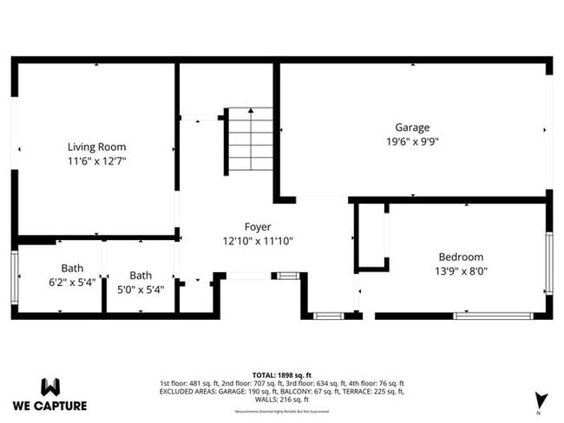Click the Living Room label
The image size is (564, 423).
coord(96,146)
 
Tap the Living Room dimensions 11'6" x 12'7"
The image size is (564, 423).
coord(96,160)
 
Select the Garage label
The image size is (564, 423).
coord(412,127)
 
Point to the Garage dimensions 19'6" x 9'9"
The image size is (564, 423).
coord(412,141)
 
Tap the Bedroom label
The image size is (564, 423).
coord(460,257)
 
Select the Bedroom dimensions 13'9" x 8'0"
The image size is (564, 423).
coord(460,271)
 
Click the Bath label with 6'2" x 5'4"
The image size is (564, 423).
coord(72,268)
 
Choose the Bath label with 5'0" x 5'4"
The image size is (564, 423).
coord(140,268)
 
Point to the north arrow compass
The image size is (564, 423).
coord(541,400)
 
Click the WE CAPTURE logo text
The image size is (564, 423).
coord(49,405)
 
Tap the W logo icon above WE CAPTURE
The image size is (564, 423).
coord(49,386)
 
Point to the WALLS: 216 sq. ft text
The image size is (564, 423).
coord(281,400)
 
